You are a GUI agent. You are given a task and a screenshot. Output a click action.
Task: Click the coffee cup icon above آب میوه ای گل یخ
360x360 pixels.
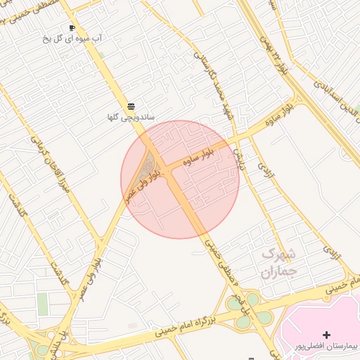(72, 28)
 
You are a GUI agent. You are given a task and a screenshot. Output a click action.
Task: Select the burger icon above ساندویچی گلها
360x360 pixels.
(131, 105)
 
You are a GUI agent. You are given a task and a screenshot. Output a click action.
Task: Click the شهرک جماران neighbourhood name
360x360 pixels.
(279, 262)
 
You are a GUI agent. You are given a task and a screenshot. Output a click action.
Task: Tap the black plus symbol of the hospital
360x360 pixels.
(326, 334)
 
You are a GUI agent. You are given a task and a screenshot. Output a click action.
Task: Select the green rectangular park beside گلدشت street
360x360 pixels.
(43, 304)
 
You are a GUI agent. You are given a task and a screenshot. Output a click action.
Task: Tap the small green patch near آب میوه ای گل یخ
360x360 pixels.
(100, 54)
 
